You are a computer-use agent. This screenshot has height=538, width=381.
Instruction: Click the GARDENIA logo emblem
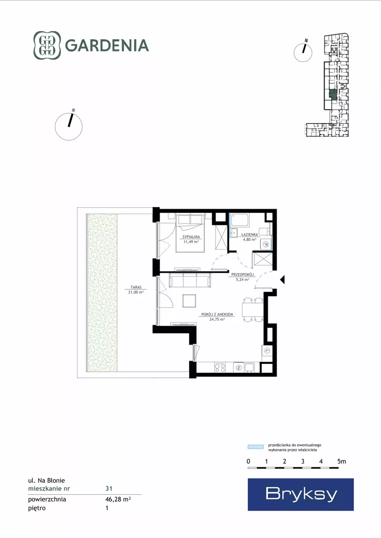coord(47,45)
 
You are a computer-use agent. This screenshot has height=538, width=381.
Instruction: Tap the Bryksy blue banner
coord(301,494)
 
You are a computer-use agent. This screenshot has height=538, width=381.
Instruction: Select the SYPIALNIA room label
coord(191,237)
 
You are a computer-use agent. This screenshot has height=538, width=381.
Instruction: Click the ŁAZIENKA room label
coord(250,235)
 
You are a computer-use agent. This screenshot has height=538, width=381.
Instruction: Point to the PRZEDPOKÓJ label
coord(242,275)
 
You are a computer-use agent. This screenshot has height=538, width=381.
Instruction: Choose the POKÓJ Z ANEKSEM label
coord(217,314)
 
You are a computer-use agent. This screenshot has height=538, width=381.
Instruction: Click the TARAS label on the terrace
coord(136,288)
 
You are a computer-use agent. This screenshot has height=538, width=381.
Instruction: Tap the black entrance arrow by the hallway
coord(282,280)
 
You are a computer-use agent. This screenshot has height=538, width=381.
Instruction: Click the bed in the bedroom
coord(190,233)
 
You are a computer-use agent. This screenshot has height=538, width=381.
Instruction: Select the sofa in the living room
coord(190,280)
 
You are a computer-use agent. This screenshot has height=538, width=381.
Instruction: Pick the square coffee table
coord(189,300)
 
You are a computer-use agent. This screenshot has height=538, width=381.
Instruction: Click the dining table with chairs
coord(253,310)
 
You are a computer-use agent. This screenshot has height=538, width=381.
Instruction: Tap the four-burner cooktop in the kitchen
coord(220,368)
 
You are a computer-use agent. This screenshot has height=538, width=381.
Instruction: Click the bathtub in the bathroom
coord(240,220)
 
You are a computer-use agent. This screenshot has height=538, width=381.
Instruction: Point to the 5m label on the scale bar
coord(342,462)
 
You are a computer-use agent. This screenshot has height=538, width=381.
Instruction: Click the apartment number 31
coord(109,488)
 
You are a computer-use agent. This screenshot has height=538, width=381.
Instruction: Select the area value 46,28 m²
coord(118,499)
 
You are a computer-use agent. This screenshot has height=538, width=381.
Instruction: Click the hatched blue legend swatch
coord(256,447)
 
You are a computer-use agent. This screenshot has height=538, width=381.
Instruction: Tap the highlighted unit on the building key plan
coord(332,94)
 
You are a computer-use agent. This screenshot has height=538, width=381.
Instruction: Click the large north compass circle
coord(69,126)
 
